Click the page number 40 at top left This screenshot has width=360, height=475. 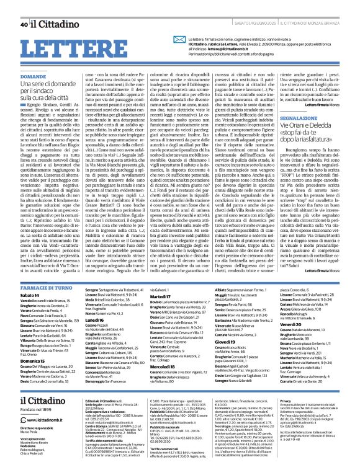[24, 7]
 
